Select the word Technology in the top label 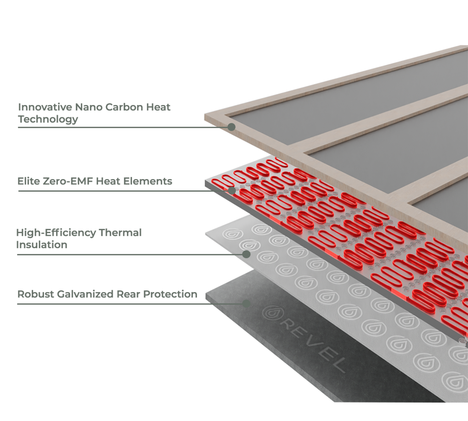(x=47, y=119)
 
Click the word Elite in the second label (x=27, y=181)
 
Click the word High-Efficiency (x=56, y=233)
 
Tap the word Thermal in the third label (x=120, y=233)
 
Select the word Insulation (x=41, y=245)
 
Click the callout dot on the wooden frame (x=231, y=127)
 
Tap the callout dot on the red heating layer (x=232, y=190)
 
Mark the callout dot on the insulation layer (x=246, y=254)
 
